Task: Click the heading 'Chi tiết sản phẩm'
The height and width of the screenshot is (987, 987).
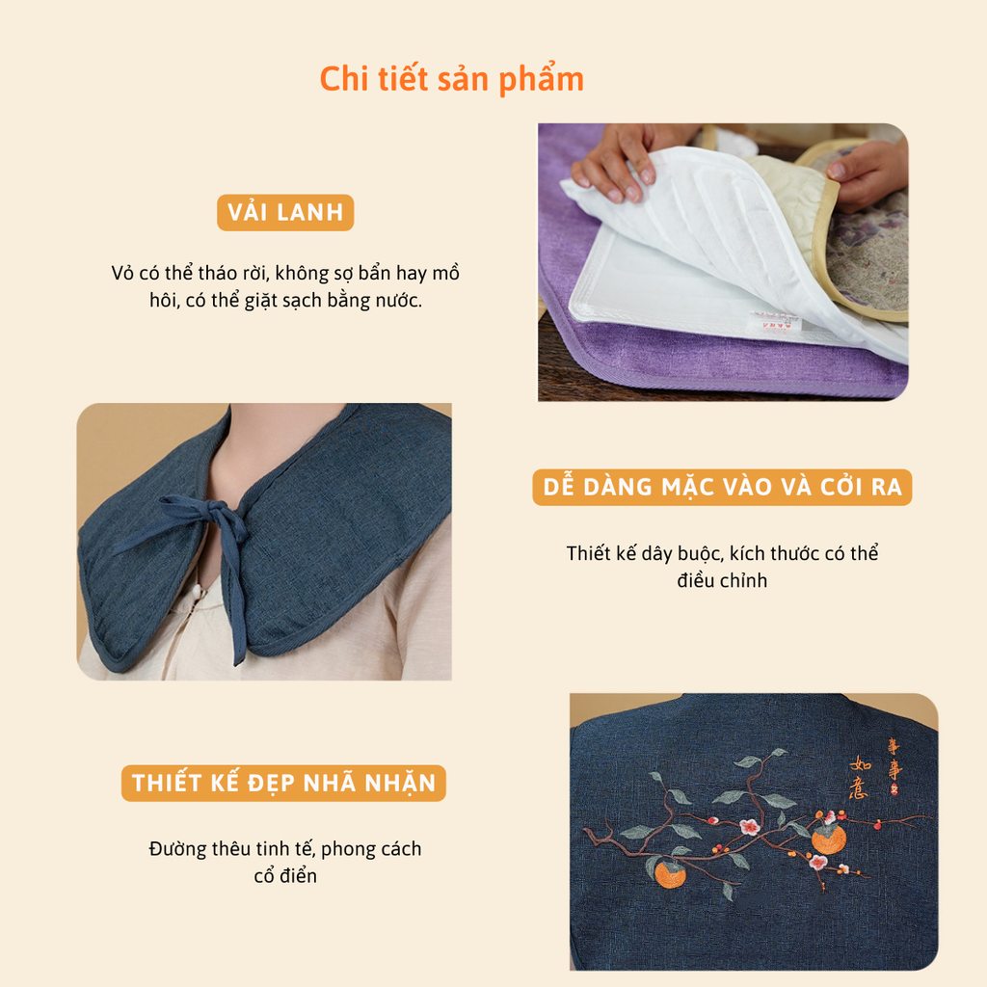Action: [x=451, y=80]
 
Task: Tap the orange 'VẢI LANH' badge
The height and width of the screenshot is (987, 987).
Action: [x=285, y=213]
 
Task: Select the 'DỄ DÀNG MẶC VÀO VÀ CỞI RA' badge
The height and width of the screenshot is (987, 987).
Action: [x=722, y=487]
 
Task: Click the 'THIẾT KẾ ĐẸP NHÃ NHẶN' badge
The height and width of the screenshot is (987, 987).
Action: [x=283, y=783]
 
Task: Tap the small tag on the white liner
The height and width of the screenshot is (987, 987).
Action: [x=775, y=322]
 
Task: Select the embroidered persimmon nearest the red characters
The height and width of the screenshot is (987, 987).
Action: [x=828, y=838]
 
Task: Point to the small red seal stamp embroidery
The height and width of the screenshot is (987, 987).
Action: [x=894, y=790]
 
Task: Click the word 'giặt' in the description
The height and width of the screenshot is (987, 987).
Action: [x=261, y=301]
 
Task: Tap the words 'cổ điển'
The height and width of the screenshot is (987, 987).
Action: [x=285, y=875]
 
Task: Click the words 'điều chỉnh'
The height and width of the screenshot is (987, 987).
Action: [x=722, y=580]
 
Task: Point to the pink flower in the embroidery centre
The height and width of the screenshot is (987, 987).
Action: [x=749, y=826]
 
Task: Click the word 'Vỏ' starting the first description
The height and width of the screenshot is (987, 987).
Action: [x=122, y=273]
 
